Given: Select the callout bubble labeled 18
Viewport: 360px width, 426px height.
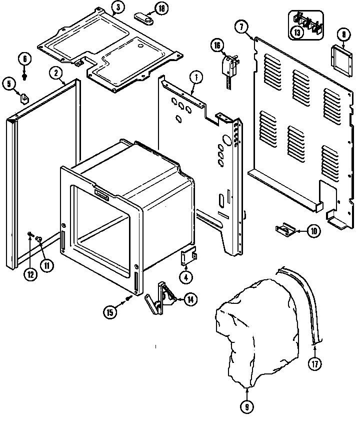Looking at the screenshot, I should [161, 8].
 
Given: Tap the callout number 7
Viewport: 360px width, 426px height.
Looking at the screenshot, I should [241, 28].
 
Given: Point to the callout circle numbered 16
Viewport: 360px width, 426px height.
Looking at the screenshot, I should [216, 45].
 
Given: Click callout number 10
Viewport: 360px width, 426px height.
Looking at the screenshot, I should [313, 231].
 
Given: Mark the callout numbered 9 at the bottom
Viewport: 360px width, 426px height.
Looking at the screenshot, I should [246, 407].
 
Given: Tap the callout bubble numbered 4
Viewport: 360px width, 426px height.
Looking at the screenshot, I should [185, 276].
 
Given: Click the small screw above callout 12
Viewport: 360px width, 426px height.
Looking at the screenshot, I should [30, 234].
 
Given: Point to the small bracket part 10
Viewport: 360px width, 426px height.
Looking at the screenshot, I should [285, 229].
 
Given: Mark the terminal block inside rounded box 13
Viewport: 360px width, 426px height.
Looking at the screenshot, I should [306, 24].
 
